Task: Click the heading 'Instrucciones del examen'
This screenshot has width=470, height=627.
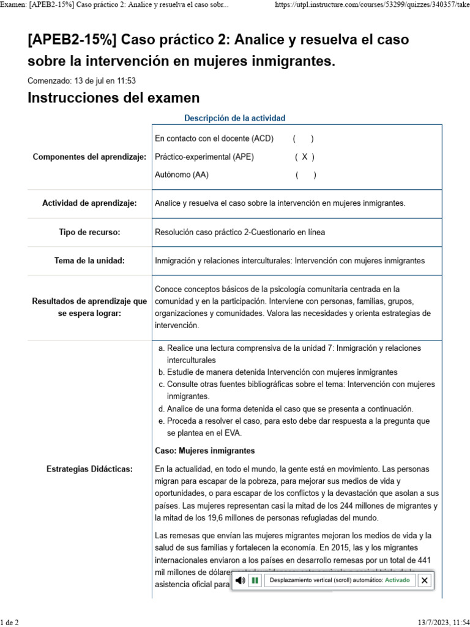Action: click(114, 98)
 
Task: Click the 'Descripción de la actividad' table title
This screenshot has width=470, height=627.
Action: click(234, 118)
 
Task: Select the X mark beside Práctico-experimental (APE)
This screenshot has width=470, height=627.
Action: click(304, 157)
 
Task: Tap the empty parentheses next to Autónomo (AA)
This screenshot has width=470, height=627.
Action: click(305, 175)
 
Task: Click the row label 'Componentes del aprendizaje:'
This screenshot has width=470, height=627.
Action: click(89, 157)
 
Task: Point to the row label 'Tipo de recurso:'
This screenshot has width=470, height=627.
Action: click(89, 232)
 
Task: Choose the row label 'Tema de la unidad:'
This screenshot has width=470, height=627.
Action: click(89, 261)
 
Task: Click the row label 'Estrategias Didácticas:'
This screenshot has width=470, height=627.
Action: click(89, 469)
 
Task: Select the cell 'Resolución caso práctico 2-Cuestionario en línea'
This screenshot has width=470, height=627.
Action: click(240, 232)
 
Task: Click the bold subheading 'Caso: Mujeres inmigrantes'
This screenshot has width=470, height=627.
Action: click(205, 451)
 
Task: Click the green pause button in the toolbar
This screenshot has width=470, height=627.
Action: click(255, 580)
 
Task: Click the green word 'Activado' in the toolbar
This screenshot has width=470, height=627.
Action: click(397, 580)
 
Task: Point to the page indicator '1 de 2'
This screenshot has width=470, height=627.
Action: click(9, 622)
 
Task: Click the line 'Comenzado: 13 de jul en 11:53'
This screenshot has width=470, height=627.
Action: click(81, 80)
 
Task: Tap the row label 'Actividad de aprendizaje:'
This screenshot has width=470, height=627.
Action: click(89, 203)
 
